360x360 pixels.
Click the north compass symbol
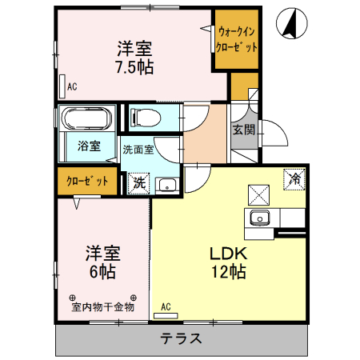coord(292,23)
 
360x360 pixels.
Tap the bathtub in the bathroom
coord(86,118)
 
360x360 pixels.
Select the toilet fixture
coord(146,118)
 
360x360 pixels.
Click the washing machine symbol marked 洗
coord(138,183)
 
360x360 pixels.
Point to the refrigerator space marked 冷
coord(294,179)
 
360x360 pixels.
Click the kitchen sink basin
coord(259,218)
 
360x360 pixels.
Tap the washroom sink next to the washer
coord(167,185)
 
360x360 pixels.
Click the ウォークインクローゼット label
coord(237,39)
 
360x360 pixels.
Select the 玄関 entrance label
coord(243,130)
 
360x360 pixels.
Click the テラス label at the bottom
coord(181,338)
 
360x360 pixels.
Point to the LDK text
coord(229,254)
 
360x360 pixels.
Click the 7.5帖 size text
coord(134,67)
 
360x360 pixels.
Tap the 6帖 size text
coord(102,272)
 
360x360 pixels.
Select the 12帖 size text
coord(229,272)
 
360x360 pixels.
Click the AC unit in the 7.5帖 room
coord(62,86)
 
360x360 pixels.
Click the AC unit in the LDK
coord(166,316)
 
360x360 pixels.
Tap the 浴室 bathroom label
coord(89,146)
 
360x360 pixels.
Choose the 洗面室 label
coord(138,150)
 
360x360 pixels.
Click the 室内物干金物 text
coord(102,307)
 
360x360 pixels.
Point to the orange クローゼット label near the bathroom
coord(87,181)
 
